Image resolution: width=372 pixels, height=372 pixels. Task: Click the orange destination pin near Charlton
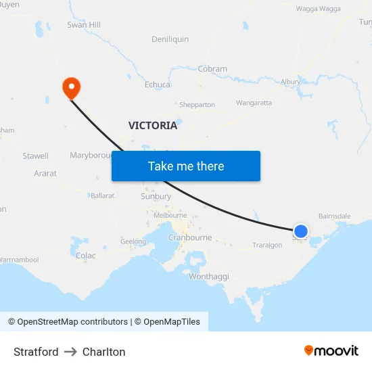pyautogui.click(x=71, y=87)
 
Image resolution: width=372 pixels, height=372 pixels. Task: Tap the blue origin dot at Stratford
pyautogui.click(x=301, y=232)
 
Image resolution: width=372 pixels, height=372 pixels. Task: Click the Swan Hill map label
pyautogui.click(x=84, y=25)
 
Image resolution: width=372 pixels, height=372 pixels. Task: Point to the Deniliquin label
pyautogui.click(x=170, y=39)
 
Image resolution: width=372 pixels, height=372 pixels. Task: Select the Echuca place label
pyautogui.click(x=158, y=85)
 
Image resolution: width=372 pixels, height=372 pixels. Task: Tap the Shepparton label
pyautogui.click(x=197, y=105)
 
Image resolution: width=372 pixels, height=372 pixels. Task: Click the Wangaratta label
pyautogui.click(x=254, y=103)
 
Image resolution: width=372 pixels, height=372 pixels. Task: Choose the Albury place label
pyautogui.click(x=290, y=82)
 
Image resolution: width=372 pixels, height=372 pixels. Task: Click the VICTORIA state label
pyautogui.click(x=153, y=125)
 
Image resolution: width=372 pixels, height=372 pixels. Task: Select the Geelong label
pyautogui.click(x=133, y=241)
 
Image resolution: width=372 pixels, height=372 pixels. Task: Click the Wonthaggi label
pyautogui.click(x=209, y=277)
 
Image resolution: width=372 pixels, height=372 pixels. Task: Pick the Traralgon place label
pyautogui.click(x=267, y=245)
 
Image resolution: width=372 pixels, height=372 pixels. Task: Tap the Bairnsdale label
pyautogui.click(x=335, y=216)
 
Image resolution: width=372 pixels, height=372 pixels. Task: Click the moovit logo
pyautogui.click(x=331, y=350)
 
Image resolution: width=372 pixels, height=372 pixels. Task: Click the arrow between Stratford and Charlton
pyautogui.click(x=70, y=352)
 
